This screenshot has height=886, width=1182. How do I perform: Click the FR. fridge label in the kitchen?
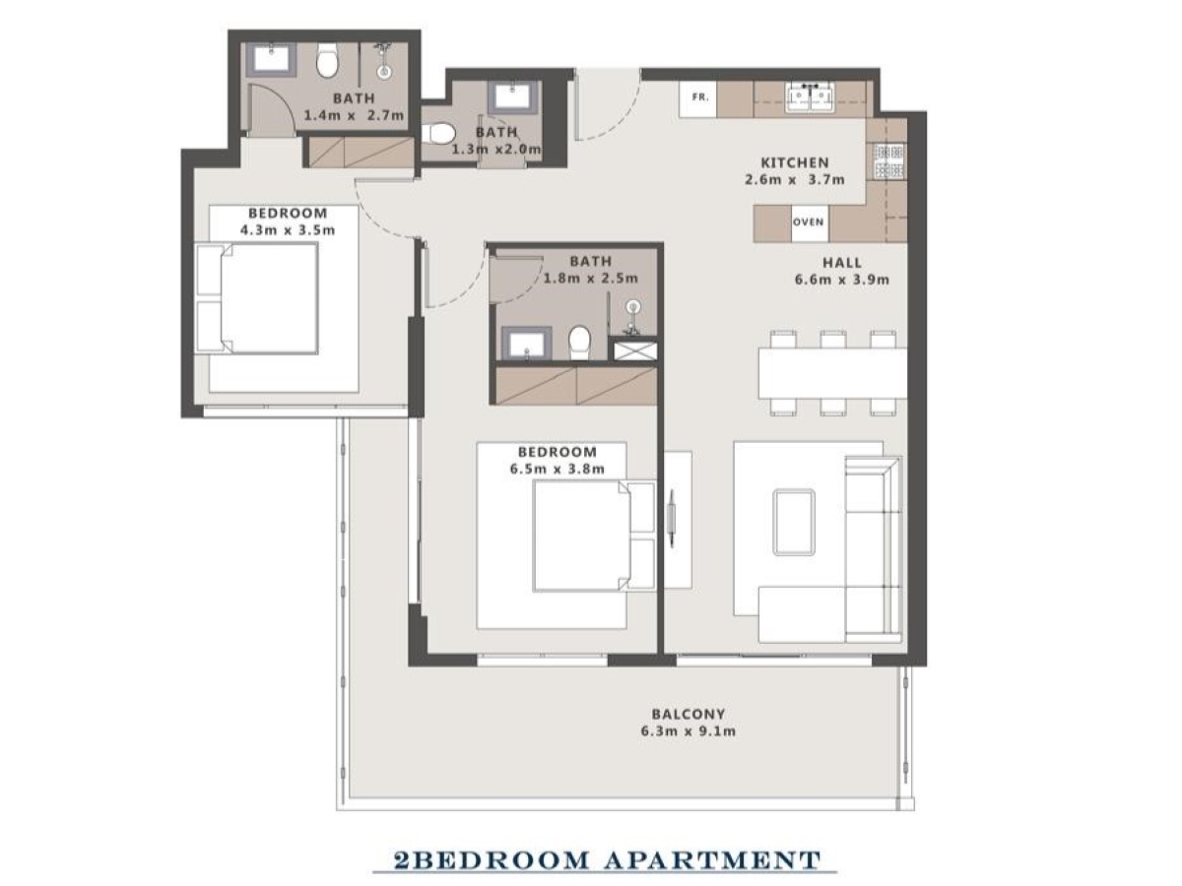click(x=699, y=97)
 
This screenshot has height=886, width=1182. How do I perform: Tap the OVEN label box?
click(x=808, y=221)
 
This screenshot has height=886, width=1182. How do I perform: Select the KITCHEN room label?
click(x=794, y=161)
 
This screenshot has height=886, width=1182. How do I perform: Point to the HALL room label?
click(x=841, y=263)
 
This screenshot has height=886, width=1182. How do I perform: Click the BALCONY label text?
click(x=689, y=714)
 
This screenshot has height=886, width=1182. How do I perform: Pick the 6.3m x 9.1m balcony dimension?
click(x=688, y=731)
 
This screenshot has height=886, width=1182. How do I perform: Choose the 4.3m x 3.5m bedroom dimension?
click(x=287, y=230)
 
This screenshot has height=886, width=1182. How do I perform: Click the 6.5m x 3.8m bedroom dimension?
click(x=557, y=469)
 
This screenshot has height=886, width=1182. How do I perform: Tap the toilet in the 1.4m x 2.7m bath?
click(x=327, y=60)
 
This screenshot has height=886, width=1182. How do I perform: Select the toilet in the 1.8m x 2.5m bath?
click(x=579, y=342)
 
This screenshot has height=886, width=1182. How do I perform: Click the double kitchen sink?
click(x=810, y=97)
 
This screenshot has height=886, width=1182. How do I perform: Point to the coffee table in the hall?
click(x=793, y=522)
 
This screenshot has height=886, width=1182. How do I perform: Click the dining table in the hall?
click(x=832, y=373)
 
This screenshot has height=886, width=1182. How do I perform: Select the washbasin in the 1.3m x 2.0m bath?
click(x=512, y=97)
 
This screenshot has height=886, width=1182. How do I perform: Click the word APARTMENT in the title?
click(x=712, y=860)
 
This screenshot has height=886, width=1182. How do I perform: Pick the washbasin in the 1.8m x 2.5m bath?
click(x=526, y=343)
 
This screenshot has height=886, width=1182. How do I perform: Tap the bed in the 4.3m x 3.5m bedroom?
click(x=257, y=298)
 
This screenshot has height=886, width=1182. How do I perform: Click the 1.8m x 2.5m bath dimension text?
click(x=590, y=279)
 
